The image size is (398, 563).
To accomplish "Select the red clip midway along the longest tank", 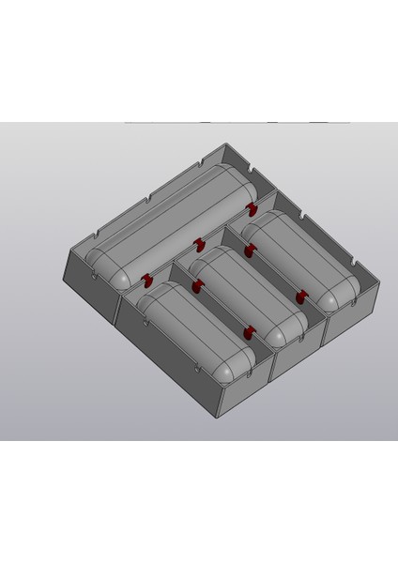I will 199,245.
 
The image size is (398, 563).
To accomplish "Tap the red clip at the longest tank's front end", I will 147,280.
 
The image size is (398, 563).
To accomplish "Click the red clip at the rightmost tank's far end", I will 251,251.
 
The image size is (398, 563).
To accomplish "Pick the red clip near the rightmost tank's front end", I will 300,297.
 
